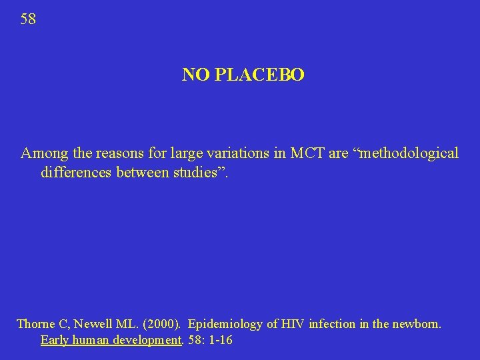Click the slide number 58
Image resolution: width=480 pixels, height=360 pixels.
pyautogui.click(x=28, y=19)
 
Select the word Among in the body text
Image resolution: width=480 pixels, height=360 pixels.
pyautogui.click(x=45, y=153)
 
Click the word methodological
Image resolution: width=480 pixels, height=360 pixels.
pyautogui.click(x=409, y=153)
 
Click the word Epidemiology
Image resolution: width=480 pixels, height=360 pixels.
pyautogui.click(x=226, y=325)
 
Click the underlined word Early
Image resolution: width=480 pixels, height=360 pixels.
pyautogui.click(x=55, y=341)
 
